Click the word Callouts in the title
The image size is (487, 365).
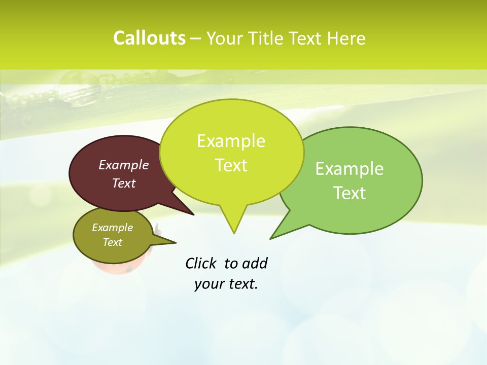(x=149, y=38)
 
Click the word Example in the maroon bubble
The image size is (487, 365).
(x=123, y=165)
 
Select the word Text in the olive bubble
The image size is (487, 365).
(x=112, y=242)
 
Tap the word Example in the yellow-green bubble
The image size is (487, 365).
(x=231, y=141)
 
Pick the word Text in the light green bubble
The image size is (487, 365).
(x=350, y=193)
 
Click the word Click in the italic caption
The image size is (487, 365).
(x=201, y=263)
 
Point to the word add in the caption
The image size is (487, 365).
(x=254, y=263)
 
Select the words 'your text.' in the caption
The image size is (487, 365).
(x=226, y=284)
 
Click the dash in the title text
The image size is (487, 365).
(x=196, y=39)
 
